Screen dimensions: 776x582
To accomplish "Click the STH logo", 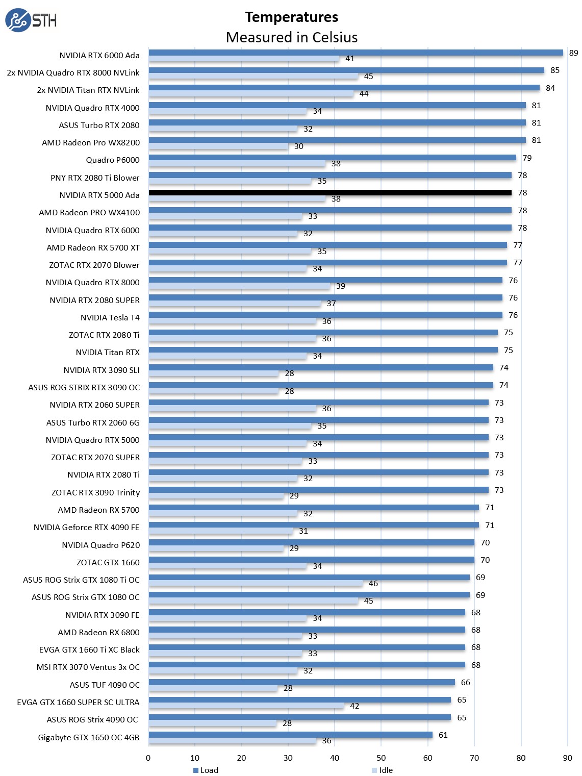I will pyautogui.click(x=31, y=20).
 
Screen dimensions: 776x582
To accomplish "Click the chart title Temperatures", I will pyautogui.click(x=291, y=17).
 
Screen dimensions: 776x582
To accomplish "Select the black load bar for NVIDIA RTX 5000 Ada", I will pyautogui.click(x=330, y=193).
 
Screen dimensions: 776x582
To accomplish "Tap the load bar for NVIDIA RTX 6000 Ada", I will pyautogui.click(x=356, y=53).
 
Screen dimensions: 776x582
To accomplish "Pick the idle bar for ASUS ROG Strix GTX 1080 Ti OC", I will pyautogui.click(x=256, y=583).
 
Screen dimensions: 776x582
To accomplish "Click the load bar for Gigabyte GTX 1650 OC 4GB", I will pyautogui.click(x=290, y=735).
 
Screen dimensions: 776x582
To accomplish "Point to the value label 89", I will pyautogui.click(x=573, y=53).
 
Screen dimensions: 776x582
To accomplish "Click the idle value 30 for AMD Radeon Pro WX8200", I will pyautogui.click(x=299, y=146).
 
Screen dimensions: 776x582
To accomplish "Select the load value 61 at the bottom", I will pyautogui.click(x=443, y=735).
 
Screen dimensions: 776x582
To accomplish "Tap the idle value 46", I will pyautogui.click(x=373, y=584).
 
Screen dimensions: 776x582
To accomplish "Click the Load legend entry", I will pyautogui.click(x=206, y=770).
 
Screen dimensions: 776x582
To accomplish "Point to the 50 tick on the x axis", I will pyautogui.click(x=381, y=758).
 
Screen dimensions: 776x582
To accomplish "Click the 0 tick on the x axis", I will pyautogui.click(x=148, y=758).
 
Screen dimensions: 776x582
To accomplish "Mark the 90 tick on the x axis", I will pyautogui.click(x=567, y=758).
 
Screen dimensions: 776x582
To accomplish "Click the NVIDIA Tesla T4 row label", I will pyautogui.click(x=110, y=318).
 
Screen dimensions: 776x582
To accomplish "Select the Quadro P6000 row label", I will pyautogui.click(x=113, y=160).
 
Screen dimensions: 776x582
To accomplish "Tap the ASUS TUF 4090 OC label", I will pyautogui.click(x=105, y=685).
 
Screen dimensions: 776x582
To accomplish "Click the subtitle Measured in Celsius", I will pyautogui.click(x=291, y=37).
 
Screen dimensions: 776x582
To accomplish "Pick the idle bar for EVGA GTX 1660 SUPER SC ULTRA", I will pyautogui.click(x=246, y=706).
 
